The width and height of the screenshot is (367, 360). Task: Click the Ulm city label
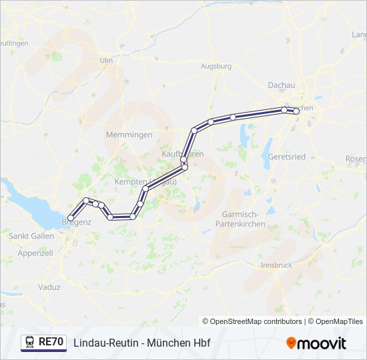tap(105, 60)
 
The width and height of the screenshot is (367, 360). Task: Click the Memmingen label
tap(129, 135)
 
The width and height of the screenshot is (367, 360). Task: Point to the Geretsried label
tap(286, 157)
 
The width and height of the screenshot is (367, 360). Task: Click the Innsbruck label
tap(276, 265)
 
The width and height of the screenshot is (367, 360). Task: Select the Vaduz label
tap(49, 287)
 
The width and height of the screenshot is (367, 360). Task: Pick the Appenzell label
tap(35, 253)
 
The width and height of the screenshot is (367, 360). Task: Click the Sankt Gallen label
tap(31, 236)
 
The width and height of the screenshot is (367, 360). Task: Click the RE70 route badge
tap(51, 342)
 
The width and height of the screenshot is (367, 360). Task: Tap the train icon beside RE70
tap(29, 342)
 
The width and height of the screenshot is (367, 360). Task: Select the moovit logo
tap(316, 343)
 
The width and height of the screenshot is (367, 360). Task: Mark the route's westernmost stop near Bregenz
tap(70, 217)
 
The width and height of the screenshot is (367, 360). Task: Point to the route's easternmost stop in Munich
tap(296, 112)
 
